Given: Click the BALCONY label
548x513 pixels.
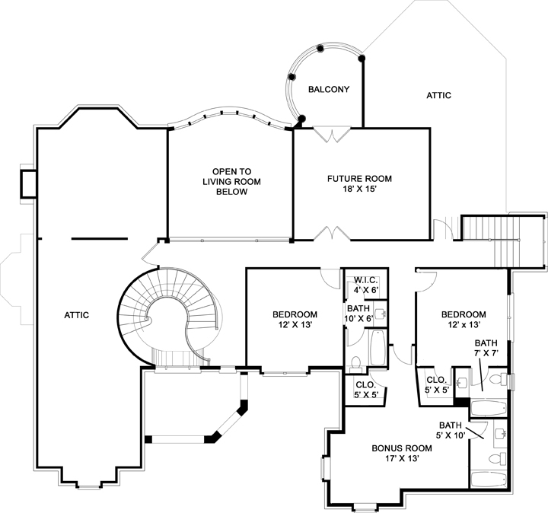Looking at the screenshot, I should click(328, 90).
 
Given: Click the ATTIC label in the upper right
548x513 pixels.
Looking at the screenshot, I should click(438, 96).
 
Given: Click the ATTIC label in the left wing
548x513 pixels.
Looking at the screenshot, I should click(77, 315).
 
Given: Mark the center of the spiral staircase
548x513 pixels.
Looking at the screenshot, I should click(169, 317).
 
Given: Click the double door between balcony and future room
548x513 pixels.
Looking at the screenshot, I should click(333, 134).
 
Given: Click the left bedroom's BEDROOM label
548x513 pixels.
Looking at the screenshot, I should click(295, 315).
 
